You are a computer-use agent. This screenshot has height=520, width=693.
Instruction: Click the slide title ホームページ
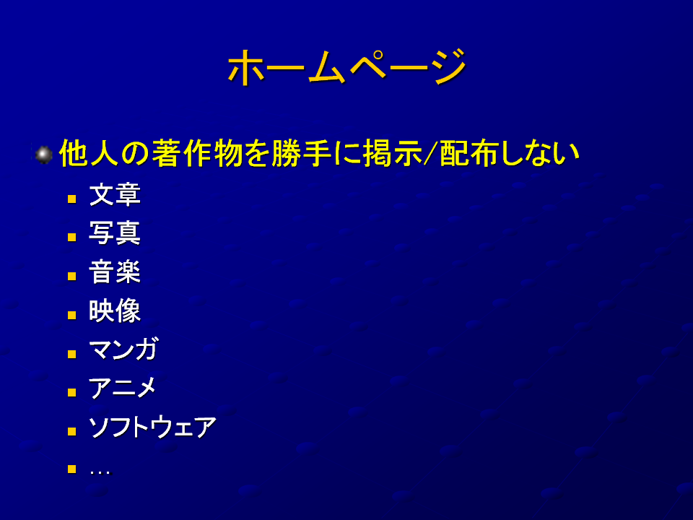pyautogui.click(x=347, y=66)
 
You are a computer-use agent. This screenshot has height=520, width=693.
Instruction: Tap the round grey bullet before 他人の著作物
pyautogui.click(x=43, y=155)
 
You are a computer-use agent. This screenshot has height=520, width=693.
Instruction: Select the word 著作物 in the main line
pyautogui.click(x=197, y=153)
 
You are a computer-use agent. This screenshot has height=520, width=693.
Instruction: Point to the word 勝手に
pyautogui.click(x=315, y=153)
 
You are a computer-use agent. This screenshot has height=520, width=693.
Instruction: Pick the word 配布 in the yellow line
pyautogui.click(x=469, y=153)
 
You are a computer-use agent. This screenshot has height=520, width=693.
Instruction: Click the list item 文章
pyautogui.click(x=115, y=194)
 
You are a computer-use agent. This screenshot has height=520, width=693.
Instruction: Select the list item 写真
pyautogui.click(x=115, y=233)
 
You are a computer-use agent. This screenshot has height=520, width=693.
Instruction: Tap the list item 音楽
pyautogui.click(x=115, y=272)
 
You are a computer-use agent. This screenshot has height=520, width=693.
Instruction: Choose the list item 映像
pyautogui.click(x=115, y=311)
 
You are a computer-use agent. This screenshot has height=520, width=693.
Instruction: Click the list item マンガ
pyautogui.click(x=123, y=350)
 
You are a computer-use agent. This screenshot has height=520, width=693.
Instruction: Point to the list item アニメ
pyautogui.click(x=123, y=388)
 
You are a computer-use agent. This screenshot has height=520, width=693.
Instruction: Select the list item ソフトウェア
pyautogui.click(x=152, y=427)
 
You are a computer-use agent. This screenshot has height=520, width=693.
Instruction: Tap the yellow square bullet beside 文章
pyautogui.click(x=72, y=199)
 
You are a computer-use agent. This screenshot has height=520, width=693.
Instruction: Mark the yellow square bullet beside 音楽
pyautogui.click(x=72, y=277)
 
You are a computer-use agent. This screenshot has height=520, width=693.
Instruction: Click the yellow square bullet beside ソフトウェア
pyautogui.click(x=72, y=431)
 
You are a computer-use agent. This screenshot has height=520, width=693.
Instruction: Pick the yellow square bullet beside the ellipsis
pyautogui.click(x=72, y=469)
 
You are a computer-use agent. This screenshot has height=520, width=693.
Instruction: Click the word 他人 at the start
pyautogui.click(x=89, y=153)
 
